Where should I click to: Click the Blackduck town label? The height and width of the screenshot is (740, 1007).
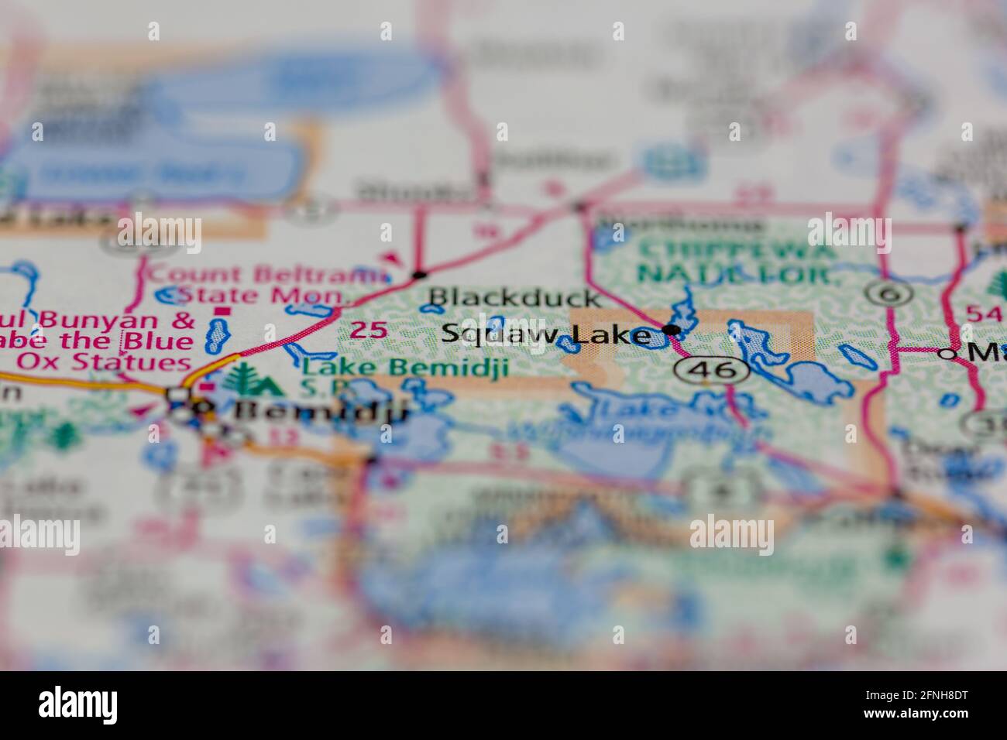(514, 298)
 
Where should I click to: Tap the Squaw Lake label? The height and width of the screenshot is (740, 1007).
(545, 335)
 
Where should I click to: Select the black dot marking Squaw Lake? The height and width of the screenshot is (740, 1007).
(672, 331)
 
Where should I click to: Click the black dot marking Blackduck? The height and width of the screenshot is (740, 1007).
(420, 274)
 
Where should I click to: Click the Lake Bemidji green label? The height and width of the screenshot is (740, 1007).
(405, 367)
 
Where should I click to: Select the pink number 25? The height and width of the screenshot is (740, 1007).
(368, 331)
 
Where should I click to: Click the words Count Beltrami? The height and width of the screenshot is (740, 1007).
(266, 275)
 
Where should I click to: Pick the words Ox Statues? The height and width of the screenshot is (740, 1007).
(104, 361)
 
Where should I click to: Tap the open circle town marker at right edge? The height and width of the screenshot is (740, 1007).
(947, 353)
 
